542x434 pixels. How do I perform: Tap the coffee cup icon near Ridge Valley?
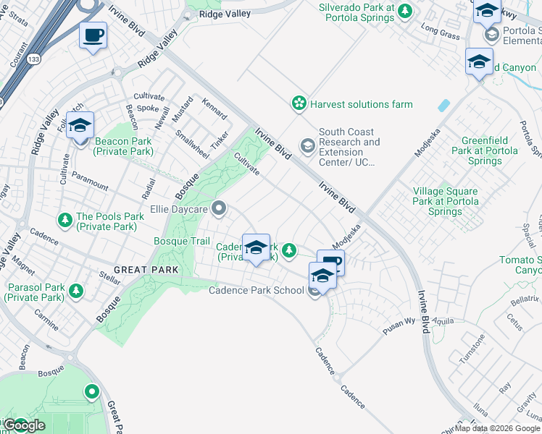tap(93, 35)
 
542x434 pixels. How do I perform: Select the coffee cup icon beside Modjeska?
tap(332, 263)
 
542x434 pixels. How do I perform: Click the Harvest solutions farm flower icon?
tap(299, 104)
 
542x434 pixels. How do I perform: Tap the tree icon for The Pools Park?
tap(65, 218)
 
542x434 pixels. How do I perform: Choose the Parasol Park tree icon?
tap(76, 291)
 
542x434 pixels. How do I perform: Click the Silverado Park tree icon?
tap(406, 10)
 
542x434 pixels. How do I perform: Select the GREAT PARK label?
tap(141, 270)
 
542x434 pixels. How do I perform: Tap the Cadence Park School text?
tap(256, 291)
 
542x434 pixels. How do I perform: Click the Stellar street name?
tap(109, 276)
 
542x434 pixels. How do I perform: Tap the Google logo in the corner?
tap(24, 425)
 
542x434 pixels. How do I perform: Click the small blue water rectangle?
tap(443, 105)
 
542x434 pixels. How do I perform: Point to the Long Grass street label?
tap(441, 33)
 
